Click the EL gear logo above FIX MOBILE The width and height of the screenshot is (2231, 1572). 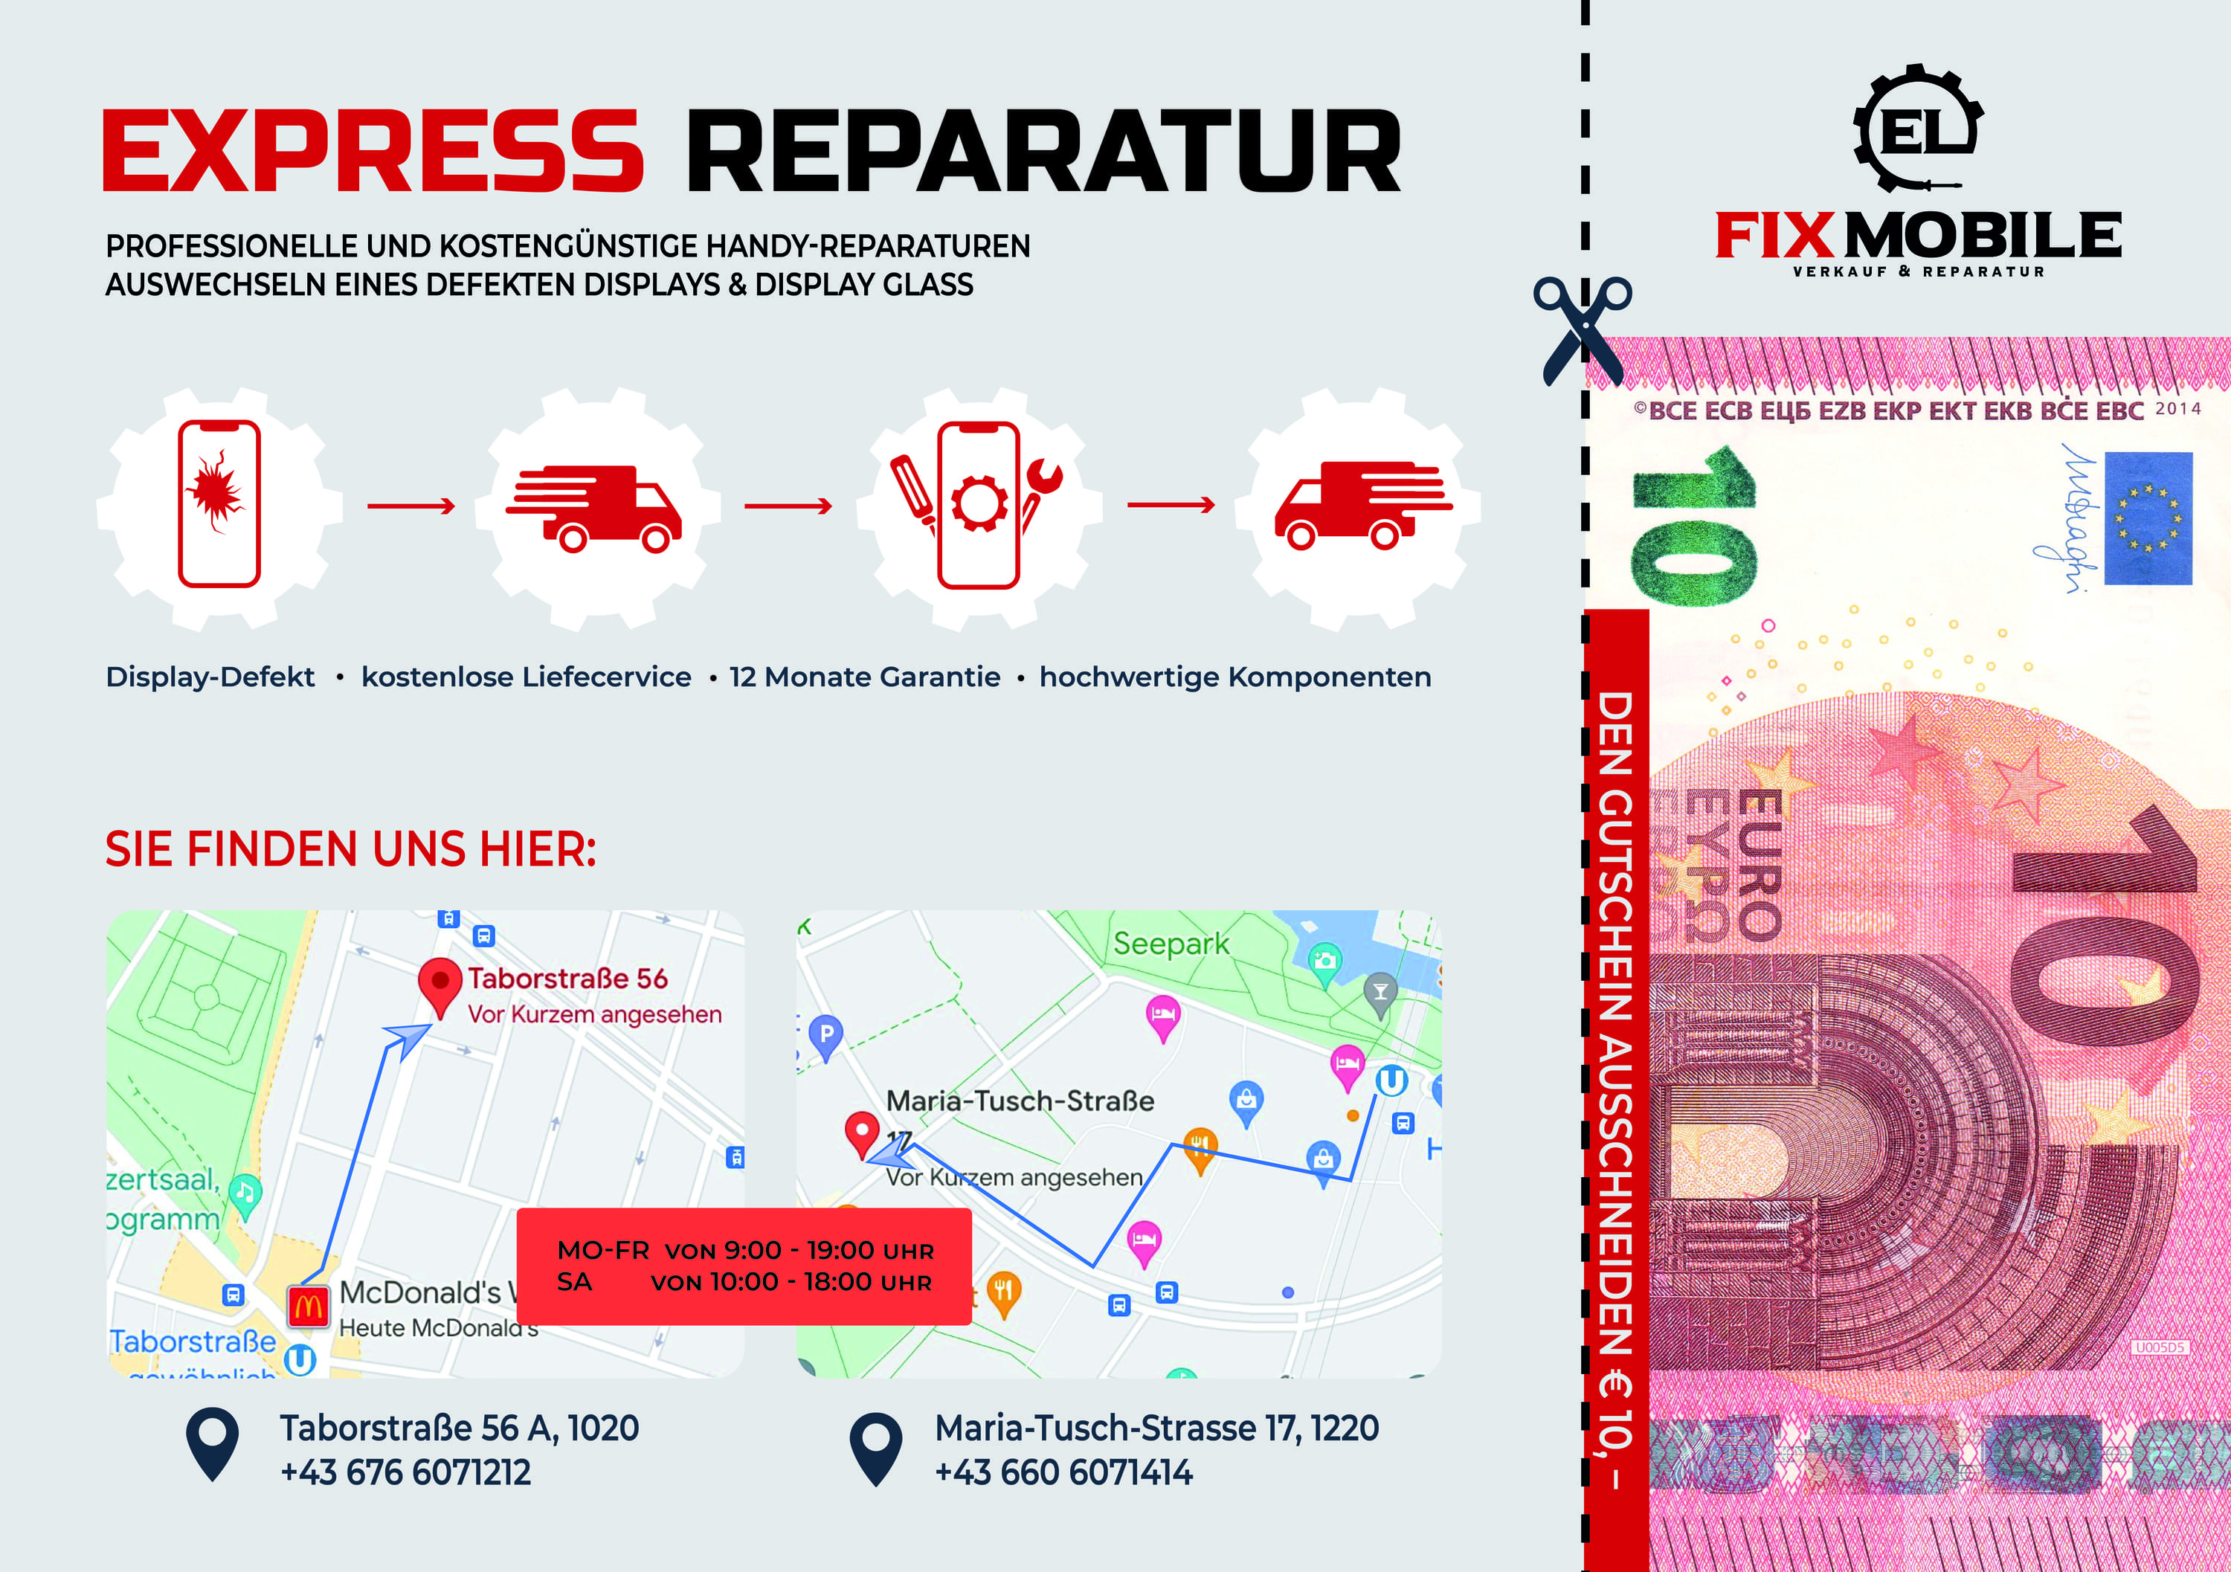pyautogui.click(x=1918, y=127)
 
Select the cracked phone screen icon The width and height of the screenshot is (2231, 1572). pyautogui.click(x=219, y=503)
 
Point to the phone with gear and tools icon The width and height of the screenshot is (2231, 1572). pyautogui.click(x=979, y=503)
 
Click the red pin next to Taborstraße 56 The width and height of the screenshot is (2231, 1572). pyautogui.click(x=440, y=985)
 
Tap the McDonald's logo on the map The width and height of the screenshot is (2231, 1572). pyautogui.click(x=308, y=1305)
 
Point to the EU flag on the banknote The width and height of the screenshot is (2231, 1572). pyautogui.click(x=2148, y=518)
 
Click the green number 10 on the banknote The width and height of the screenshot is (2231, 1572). pyautogui.click(x=1693, y=526)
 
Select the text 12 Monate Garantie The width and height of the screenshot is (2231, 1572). pyautogui.click(x=865, y=677)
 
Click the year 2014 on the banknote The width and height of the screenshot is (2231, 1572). pyautogui.click(x=2177, y=409)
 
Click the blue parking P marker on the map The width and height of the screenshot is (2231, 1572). pyautogui.click(x=826, y=1036)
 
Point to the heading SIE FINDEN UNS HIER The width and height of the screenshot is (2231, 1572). pyautogui.click(x=350, y=849)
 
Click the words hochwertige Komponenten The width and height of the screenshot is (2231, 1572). pyautogui.click(x=1235, y=677)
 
